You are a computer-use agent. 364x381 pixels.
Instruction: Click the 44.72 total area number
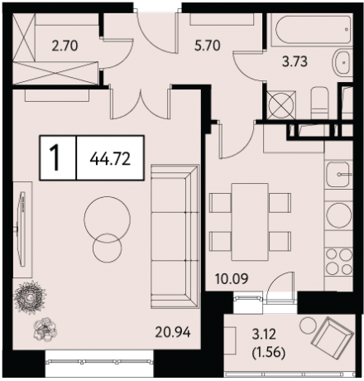(110, 159)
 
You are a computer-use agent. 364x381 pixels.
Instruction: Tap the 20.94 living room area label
(173, 332)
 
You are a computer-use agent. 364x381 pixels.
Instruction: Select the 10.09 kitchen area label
(232, 279)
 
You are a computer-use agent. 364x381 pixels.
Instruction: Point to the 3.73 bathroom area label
(295, 61)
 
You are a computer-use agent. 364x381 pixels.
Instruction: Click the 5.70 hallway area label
(208, 46)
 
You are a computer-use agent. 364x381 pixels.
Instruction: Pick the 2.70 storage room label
(65, 46)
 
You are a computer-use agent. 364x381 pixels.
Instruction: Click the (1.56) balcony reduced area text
(269, 353)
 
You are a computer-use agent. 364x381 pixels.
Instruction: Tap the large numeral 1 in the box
(55, 158)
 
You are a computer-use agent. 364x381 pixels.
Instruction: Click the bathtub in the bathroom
(311, 30)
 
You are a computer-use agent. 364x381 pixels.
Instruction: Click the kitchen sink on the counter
(338, 174)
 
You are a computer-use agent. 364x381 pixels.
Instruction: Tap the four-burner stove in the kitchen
(338, 261)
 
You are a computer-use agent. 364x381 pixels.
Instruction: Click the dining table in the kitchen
(250, 222)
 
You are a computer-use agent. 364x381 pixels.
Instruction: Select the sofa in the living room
(175, 236)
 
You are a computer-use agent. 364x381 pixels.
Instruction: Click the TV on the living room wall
(22, 229)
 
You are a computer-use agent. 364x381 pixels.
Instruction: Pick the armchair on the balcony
(333, 335)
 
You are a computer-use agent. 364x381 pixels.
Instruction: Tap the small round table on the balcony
(309, 326)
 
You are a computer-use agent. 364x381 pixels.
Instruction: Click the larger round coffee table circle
(107, 219)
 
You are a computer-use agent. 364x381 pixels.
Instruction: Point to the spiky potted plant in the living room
(30, 297)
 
